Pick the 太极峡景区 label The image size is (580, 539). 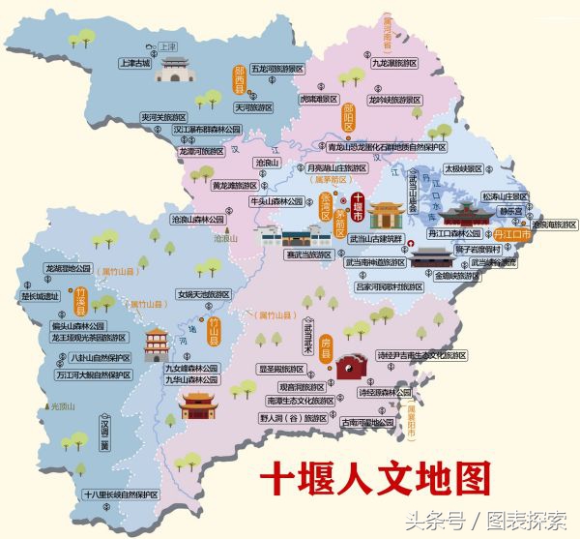pyautogui.click(x=462, y=167)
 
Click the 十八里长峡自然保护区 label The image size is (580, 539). pyautogui.click(x=120, y=494)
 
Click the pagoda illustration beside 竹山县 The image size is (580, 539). pyautogui.click(x=157, y=343)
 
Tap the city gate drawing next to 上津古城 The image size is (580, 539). pyautogui.click(x=177, y=69)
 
